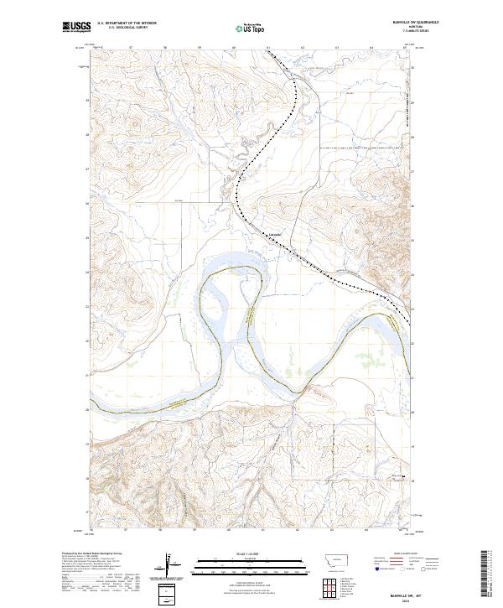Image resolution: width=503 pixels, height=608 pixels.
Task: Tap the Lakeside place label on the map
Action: click(x=274, y=234)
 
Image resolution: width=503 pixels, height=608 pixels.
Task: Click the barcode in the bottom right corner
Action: click(x=485, y=575)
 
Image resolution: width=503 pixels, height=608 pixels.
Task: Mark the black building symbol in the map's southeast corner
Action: click(x=406, y=478)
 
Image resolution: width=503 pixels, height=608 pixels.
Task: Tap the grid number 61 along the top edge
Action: click(x=267, y=48)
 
